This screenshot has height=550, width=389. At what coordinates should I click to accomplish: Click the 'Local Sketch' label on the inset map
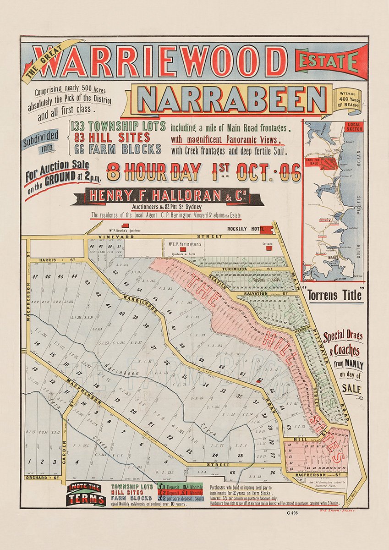tap(355, 126)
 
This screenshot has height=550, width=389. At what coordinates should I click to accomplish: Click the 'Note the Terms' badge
tap(86, 495)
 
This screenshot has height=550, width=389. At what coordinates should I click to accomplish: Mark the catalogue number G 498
tap(291, 512)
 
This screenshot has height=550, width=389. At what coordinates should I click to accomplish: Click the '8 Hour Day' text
tap(154, 172)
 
